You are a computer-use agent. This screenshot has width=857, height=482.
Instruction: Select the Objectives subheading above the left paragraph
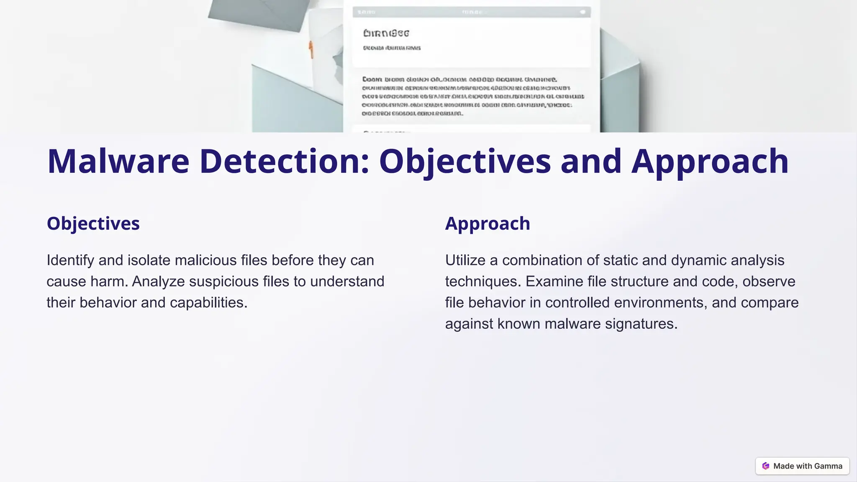93,223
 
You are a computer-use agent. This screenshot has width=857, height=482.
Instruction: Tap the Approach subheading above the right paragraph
488,223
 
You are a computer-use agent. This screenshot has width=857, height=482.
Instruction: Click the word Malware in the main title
118,162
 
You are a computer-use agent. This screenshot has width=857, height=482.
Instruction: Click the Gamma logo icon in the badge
766,466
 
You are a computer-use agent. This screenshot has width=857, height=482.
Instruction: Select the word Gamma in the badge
828,466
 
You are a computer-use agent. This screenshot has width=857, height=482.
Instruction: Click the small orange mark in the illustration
311,50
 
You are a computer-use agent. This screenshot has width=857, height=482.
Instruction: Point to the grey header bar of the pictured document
472,12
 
